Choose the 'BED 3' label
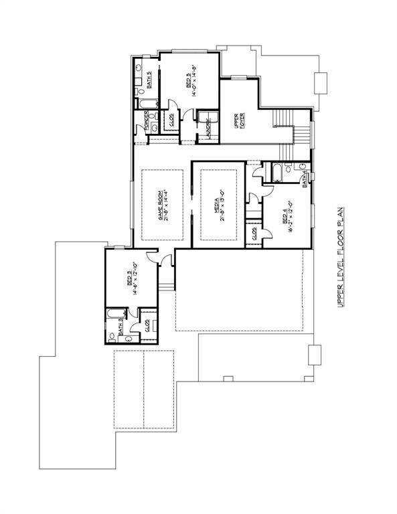[x=129, y=278]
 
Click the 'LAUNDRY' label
[x=208, y=127]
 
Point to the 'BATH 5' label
[x=149, y=79]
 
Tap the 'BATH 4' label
[x=305, y=179]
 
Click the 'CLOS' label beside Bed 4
[x=254, y=234]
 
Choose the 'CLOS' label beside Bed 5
[x=171, y=120]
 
